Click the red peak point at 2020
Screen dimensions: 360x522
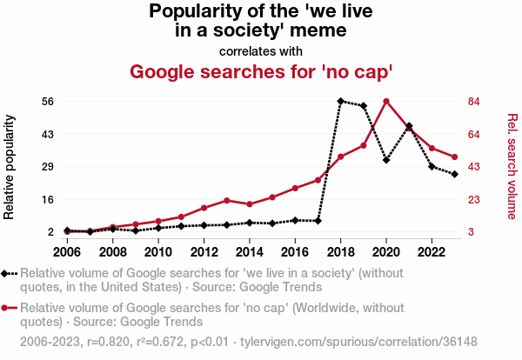tap(386, 101)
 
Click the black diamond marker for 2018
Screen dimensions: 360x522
tap(341, 101)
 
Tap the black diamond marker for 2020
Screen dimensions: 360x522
tap(386, 160)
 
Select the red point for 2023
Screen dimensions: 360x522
tap(454, 157)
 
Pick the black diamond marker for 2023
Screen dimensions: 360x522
tap(454, 175)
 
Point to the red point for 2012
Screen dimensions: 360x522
tap(204, 208)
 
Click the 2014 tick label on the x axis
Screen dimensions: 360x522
tap(249, 252)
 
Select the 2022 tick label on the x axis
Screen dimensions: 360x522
tap(431, 252)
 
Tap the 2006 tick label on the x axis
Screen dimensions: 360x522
tap(67, 252)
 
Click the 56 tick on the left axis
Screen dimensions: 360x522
tap(47, 101)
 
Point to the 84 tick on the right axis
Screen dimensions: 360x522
tap(474, 101)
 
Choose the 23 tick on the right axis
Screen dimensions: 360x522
tap(474, 199)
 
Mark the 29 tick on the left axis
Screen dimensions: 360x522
tap(47, 166)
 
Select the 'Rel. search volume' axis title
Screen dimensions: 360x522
tap(512, 166)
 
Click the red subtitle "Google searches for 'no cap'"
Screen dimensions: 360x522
tap(261, 71)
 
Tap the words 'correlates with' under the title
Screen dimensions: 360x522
tap(261, 50)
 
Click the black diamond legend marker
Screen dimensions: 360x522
tap(7, 273)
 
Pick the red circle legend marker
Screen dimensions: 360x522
tap(7, 307)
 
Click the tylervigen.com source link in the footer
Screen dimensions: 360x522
tap(374, 342)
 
